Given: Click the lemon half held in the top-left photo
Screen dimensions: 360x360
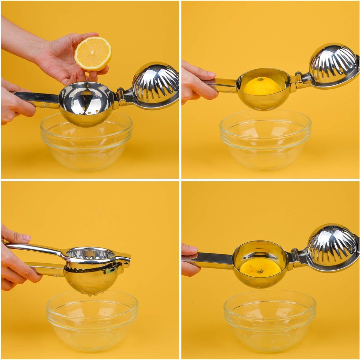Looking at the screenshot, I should click(93, 53).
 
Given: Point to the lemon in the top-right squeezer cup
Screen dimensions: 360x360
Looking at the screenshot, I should click(262, 86).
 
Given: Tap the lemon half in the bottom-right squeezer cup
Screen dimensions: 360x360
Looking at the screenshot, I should click(260, 268).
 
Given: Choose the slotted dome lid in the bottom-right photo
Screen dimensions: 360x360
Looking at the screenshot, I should click(332, 246).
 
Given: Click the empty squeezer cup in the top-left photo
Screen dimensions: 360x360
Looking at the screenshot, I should click(86, 102).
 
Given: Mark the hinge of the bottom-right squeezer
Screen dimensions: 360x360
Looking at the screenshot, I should click(295, 260).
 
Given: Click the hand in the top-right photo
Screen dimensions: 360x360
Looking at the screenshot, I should click(199, 83).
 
